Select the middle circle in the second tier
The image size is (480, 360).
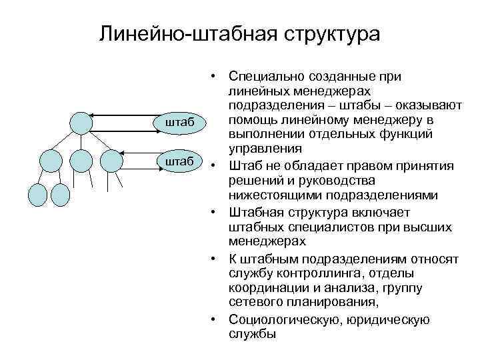click(80, 161)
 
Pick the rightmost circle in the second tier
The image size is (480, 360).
click(112, 161)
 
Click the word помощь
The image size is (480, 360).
click(251, 119)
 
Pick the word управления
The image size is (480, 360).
click(256, 148)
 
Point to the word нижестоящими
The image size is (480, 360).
click(267, 195)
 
